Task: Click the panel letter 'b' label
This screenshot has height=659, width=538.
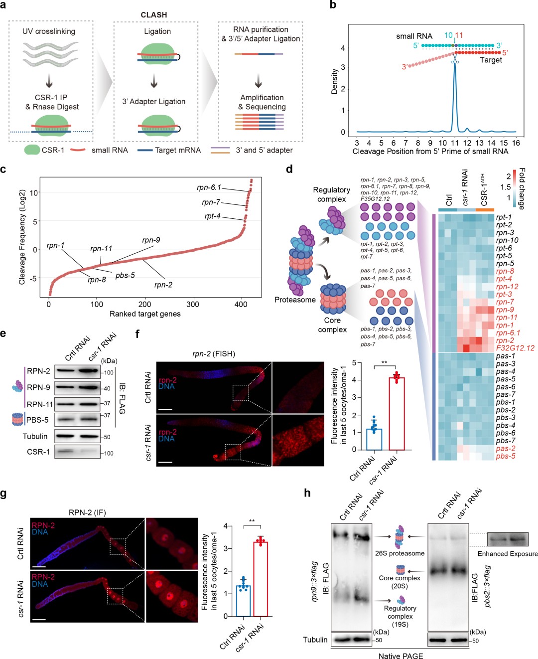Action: pyautogui.click(x=333, y=5)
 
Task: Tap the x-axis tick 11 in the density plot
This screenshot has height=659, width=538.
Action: pyautogui.click(x=454, y=143)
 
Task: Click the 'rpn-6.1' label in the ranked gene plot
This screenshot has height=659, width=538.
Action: pyautogui.click(x=209, y=187)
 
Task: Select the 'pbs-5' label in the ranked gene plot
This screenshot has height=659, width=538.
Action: pyautogui.click(x=125, y=275)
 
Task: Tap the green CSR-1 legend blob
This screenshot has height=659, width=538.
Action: pyautogui.click(x=32, y=150)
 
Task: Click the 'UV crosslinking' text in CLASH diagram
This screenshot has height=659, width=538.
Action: pyautogui.click(x=49, y=31)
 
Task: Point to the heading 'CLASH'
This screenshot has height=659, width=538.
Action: pyautogui.click(x=153, y=15)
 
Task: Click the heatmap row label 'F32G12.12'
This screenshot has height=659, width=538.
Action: pyautogui.click(x=515, y=348)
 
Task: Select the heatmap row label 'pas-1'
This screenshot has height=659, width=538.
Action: pyautogui.click(x=505, y=356)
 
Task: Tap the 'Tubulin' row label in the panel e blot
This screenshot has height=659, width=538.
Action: pyautogui.click(x=35, y=436)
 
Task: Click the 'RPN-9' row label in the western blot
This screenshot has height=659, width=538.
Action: pyautogui.click(x=38, y=387)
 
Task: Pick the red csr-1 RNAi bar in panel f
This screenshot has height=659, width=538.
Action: pyautogui.click(x=397, y=413)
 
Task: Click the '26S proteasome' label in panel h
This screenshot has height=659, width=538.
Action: pyautogui.click(x=400, y=553)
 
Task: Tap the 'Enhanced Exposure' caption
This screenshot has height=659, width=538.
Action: pyautogui.click(x=508, y=554)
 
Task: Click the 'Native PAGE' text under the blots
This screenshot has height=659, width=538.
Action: pyautogui.click(x=401, y=656)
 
